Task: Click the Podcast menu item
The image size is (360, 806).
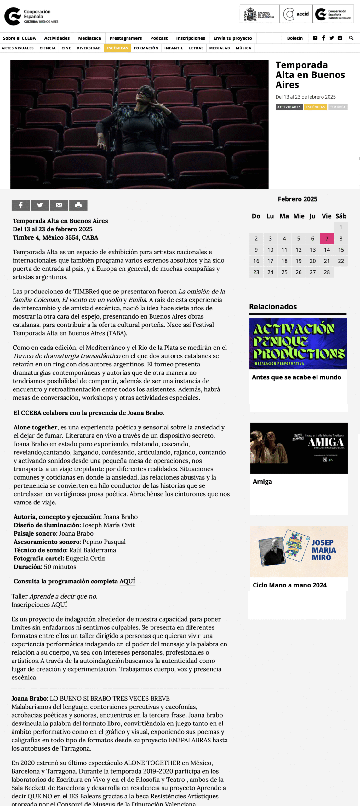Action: click(159, 38)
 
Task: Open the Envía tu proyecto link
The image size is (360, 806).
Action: click(232, 38)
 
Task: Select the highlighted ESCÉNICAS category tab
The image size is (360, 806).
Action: click(117, 48)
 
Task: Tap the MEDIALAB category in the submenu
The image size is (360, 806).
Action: click(220, 48)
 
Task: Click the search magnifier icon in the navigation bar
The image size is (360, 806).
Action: click(351, 38)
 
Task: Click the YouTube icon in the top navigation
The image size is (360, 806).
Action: click(315, 38)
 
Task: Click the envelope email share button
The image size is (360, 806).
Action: click(59, 205)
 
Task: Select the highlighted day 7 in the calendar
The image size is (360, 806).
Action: click(327, 239)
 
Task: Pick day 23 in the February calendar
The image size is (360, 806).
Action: click(256, 272)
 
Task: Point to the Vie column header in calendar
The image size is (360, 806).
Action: click(326, 216)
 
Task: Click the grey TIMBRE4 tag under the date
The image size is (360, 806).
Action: click(338, 107)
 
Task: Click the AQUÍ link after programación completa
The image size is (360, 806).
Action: click(127, 581)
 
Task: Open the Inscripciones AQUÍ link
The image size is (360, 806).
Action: click(39, 604)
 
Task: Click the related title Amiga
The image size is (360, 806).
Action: click(262, 481)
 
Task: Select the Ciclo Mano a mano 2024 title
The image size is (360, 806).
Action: click(289, 585)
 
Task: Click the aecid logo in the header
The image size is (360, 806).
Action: click(296, 14)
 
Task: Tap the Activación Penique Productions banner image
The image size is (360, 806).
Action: click(298, 343)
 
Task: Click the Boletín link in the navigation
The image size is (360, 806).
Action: click(294, 38)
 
